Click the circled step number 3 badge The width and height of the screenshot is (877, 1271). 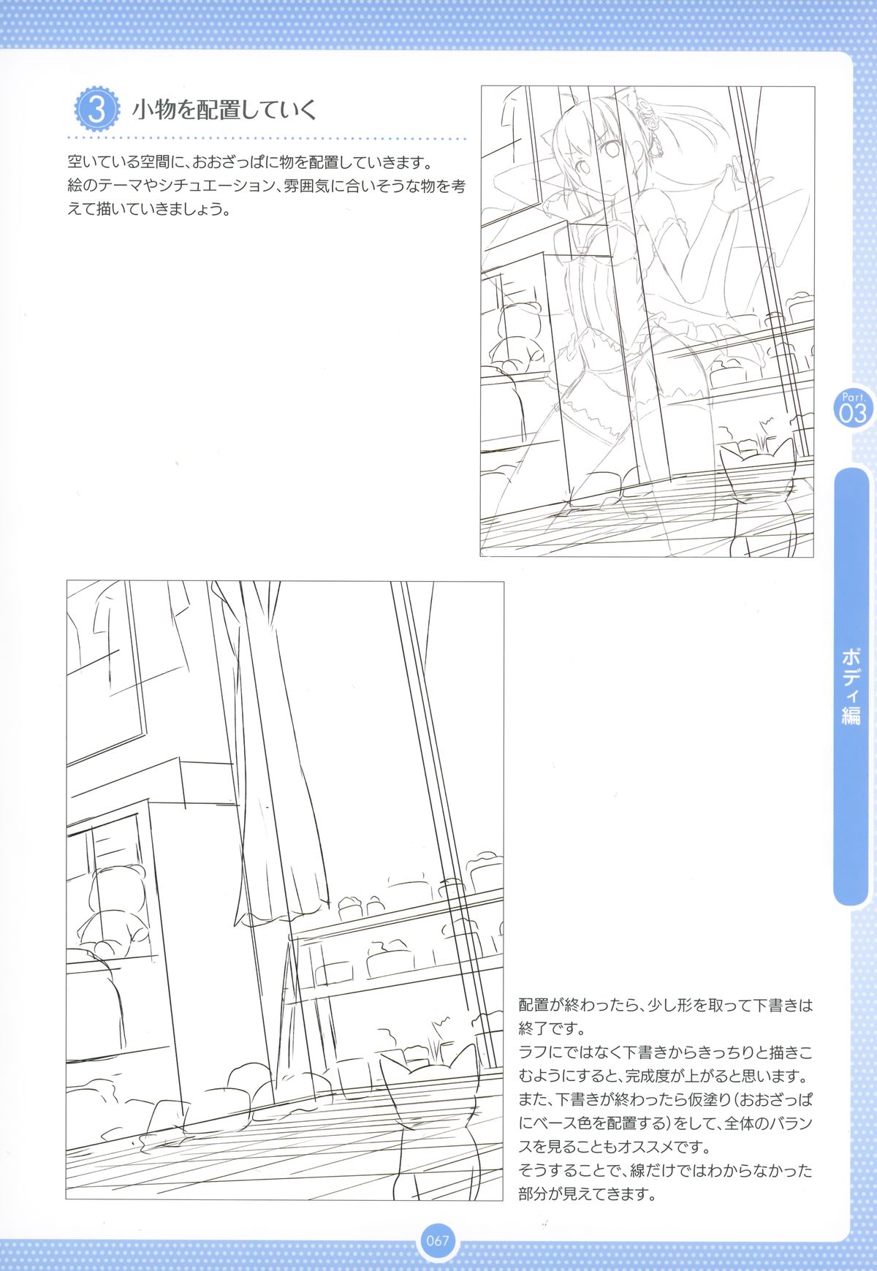pos(97,110)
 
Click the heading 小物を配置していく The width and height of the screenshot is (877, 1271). pos(224,110)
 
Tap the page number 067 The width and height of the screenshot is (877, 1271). pos(438,1240)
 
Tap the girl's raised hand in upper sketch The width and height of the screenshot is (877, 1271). pos(731,181)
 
